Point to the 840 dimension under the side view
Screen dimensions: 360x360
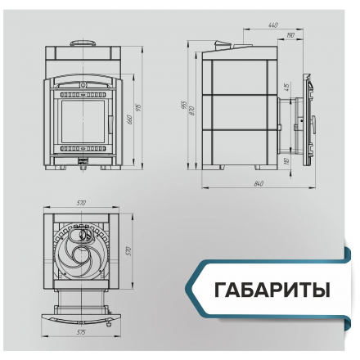pyautogui.click(x=259, y=182)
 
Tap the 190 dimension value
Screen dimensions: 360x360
pyautogui.click(x=291, y=36)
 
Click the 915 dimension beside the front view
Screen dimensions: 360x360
pyautogui.click(x=139, y=109)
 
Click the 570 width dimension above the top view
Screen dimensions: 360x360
pyautogui.click(x=81, y=203)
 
